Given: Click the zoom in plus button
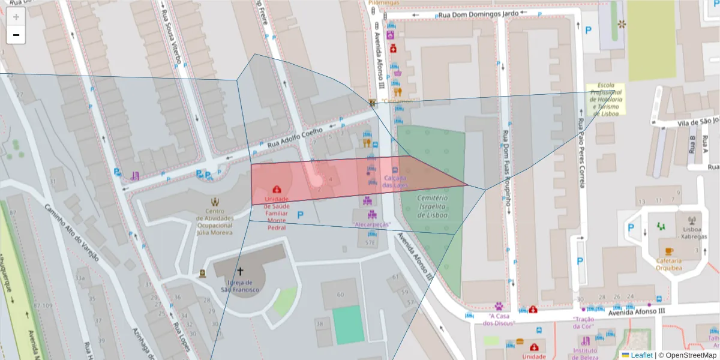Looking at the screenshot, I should (16, 17).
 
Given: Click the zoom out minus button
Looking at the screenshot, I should (16, 35).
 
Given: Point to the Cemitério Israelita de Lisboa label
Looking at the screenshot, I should (433, 206).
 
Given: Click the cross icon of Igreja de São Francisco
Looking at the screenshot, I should (241, 272).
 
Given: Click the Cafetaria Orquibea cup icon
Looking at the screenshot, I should (668, 251).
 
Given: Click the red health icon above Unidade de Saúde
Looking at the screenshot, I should (277, 190).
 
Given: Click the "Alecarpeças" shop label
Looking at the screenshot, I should (371, 224).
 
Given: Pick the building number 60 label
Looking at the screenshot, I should (341, 295).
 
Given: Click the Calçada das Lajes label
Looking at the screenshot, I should (395, 181).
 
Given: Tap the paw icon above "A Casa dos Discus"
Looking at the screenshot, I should (499, 306).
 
